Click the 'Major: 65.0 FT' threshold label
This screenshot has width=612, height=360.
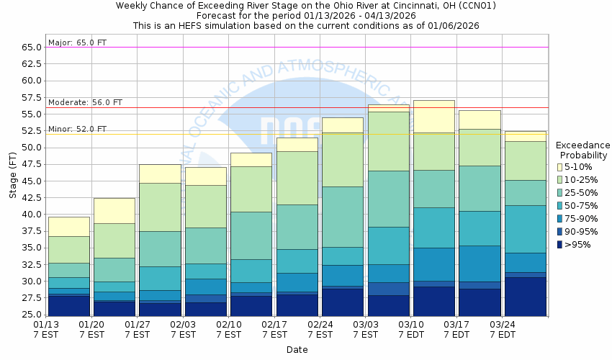(77, 42)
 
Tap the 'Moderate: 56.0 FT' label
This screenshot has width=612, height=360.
(85, 103)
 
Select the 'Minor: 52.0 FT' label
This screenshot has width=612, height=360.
(77, 129)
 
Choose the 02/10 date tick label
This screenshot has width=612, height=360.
(228, 325)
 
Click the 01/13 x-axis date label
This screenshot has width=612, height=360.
(46, 325)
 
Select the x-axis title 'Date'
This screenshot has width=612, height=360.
(297, 350)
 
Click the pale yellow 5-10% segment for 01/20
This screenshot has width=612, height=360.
(114, 210)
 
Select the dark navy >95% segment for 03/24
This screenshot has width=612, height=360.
(524, 296)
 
